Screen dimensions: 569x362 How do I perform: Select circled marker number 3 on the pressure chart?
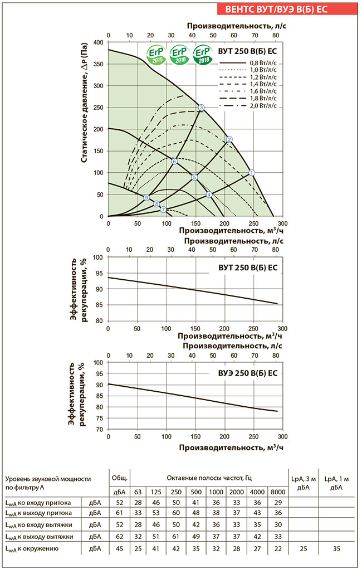tap(202, 108)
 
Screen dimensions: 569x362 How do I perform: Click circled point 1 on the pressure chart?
tap(252, 173)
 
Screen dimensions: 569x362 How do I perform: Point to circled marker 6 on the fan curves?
tap(174, 162)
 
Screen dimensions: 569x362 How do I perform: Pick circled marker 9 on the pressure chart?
tap(146, 198)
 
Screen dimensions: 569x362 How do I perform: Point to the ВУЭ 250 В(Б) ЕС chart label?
tap(244, 373)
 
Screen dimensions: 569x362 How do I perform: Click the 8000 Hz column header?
tap(278, 492)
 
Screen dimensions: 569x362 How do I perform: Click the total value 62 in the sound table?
tap(119, 537)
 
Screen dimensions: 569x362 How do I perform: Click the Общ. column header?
tap(119, 478)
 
